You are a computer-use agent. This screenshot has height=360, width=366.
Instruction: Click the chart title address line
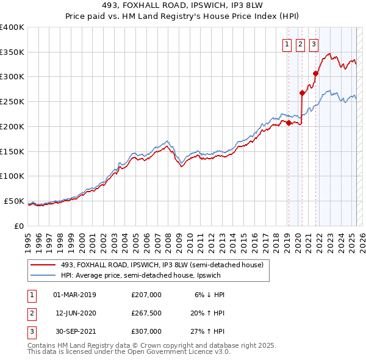coord(183,5)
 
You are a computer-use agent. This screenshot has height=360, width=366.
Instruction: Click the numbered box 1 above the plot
coord(287,43)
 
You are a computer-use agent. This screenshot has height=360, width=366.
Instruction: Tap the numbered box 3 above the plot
coord(314,43)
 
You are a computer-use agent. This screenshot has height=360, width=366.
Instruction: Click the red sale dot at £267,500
coord(302,93)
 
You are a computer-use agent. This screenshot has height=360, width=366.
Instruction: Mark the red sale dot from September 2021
coord(316,74)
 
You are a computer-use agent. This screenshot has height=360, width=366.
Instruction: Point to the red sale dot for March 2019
coord(288,123)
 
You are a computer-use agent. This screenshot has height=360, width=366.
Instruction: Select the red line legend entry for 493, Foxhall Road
coord(162,265)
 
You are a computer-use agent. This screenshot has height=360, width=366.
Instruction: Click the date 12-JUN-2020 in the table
coord(76,313)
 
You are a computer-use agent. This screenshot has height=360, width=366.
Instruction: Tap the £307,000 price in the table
coord(146,331)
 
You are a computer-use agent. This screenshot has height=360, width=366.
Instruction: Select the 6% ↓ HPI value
coord(210,295)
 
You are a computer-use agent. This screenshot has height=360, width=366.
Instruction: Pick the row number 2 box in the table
coord(30,313)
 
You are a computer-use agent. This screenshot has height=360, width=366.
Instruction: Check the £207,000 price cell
coord(146,295)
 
